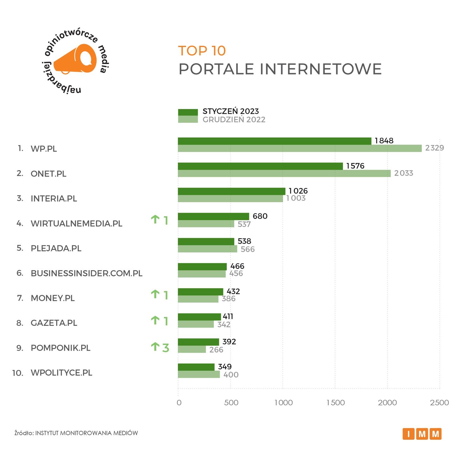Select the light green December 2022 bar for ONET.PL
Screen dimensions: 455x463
pos(284,173)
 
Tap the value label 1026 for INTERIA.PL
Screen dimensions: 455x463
pos(298,191)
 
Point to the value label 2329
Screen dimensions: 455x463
pos(434,148)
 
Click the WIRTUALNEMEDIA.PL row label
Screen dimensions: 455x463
pos(76,223)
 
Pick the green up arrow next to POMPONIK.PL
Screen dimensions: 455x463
pos(155,347)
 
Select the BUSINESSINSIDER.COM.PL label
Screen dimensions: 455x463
pos(87,273)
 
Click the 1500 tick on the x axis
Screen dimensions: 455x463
pos(335,403)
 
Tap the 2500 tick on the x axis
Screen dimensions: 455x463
pos(439,403)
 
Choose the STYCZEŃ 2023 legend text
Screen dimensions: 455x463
pos(231,111)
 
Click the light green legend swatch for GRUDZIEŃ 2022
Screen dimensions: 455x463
pos(188,119)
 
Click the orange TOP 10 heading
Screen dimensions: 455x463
pos(202,51)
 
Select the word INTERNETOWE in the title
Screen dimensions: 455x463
pos(321,69)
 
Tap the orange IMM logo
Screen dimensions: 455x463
pos(422,434)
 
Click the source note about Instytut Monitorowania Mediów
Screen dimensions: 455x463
pos(76,433)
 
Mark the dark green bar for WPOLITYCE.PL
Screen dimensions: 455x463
pos(196,367)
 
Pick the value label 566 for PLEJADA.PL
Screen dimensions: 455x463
pos(247,249)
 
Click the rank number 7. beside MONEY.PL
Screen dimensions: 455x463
pos(20,298)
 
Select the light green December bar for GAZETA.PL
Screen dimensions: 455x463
pos(195,324)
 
